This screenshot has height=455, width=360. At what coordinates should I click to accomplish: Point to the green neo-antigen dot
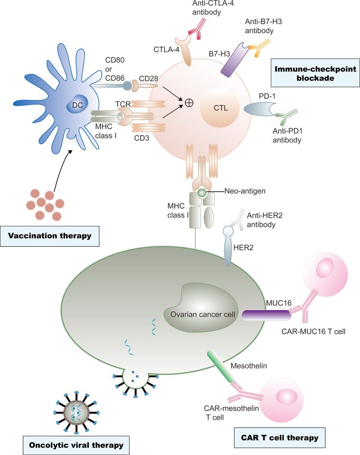pos(201,193)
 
